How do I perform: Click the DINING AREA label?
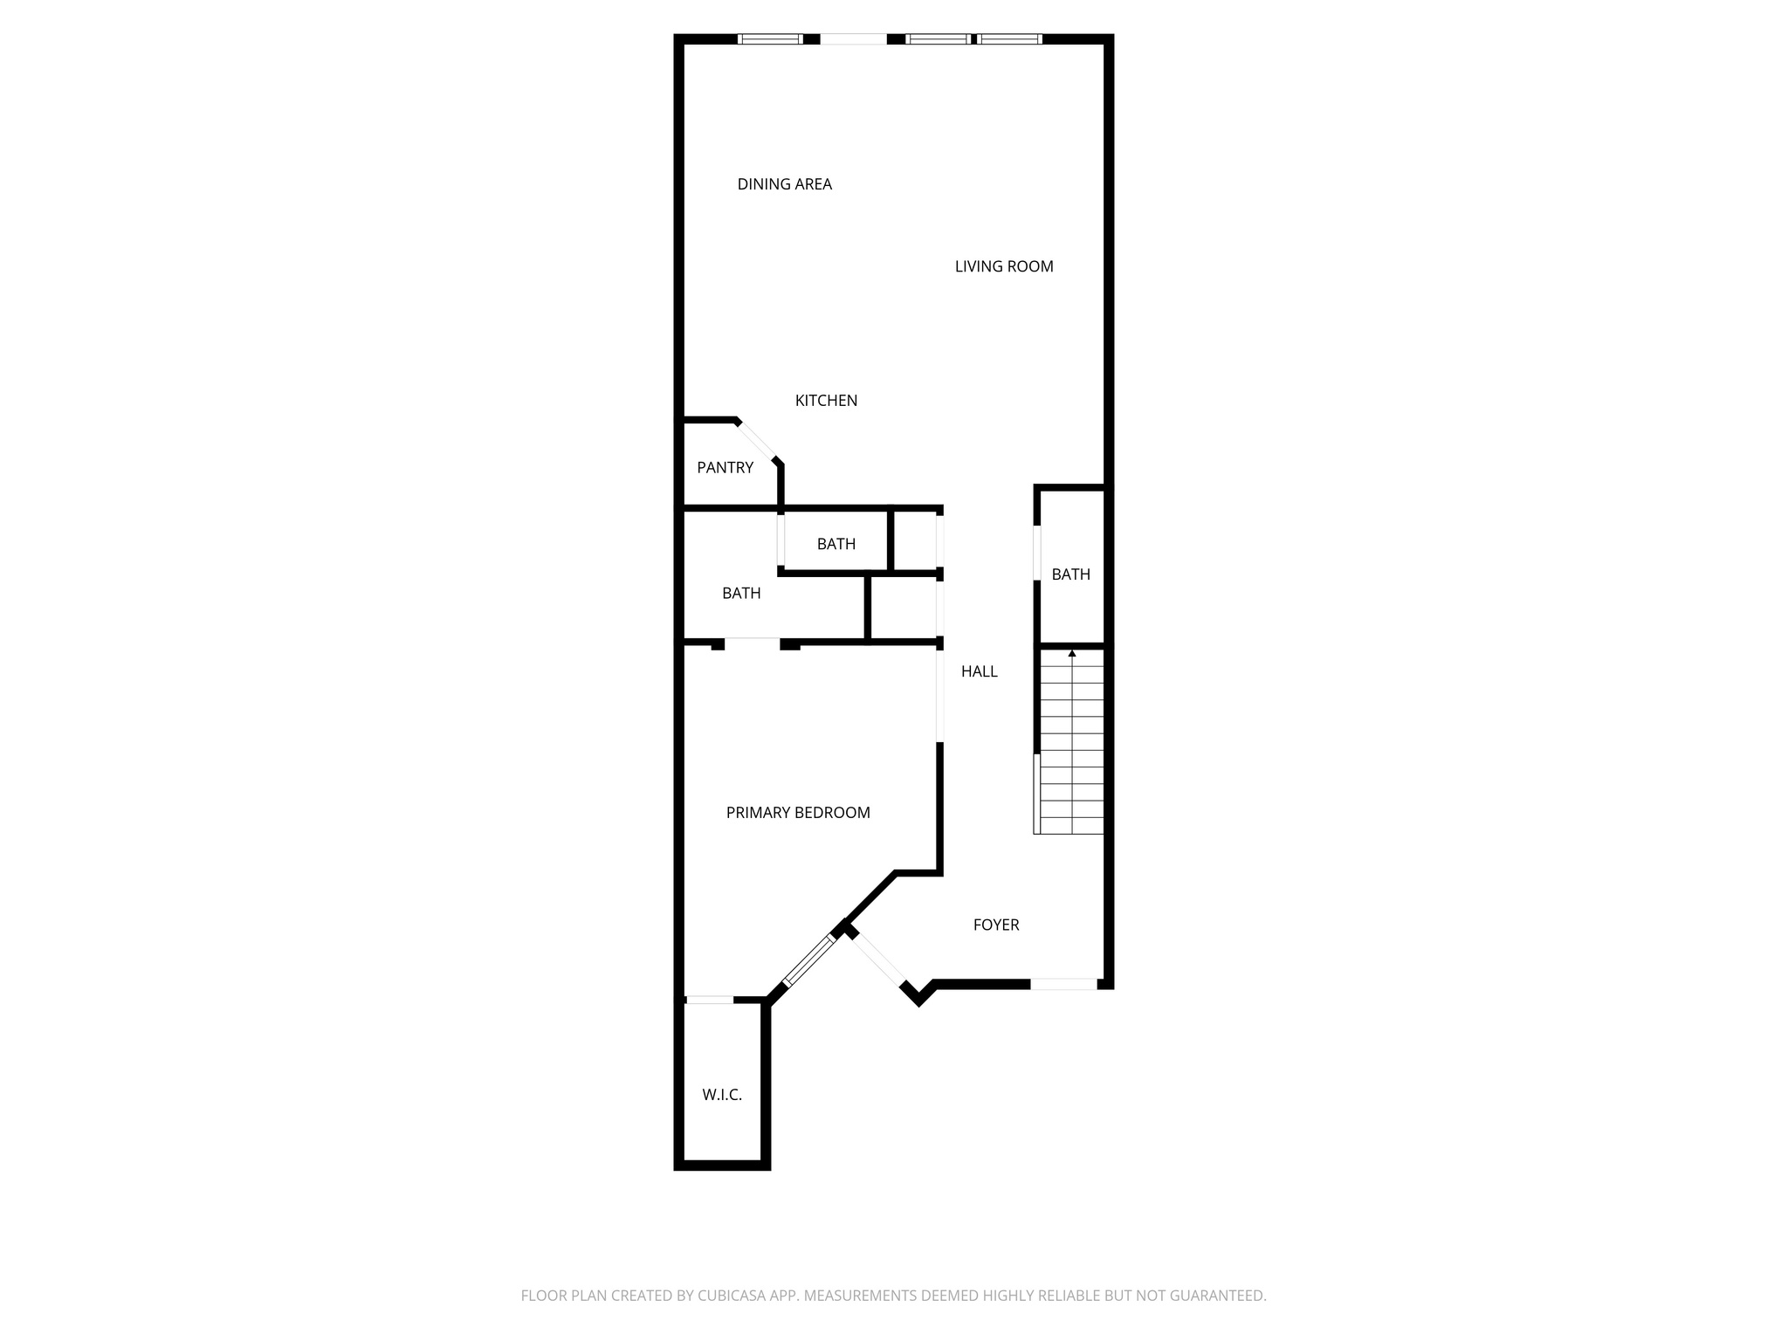coord(784,184)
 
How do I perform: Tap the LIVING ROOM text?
coord(1004,266)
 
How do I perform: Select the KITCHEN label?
coord(826,401)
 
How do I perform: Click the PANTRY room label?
coord(725,468)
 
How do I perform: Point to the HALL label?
coord(979,671)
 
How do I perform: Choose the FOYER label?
coord(996,925)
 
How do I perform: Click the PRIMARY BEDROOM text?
coord(798,813)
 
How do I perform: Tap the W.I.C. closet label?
coord(722,1095)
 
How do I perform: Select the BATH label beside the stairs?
coord(1070,574)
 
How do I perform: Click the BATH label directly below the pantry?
coord(741,594)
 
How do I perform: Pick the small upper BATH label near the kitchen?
coord(836,544)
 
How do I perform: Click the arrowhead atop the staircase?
coord(1072,652)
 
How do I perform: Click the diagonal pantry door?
coord(757,440)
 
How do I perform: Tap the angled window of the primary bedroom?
coord(808,960)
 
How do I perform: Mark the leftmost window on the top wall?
coord(770,38)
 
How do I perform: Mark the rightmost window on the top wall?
coord(1009,38)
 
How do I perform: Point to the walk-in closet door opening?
coord(709,1000)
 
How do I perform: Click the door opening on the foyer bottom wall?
coord(1063,984)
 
